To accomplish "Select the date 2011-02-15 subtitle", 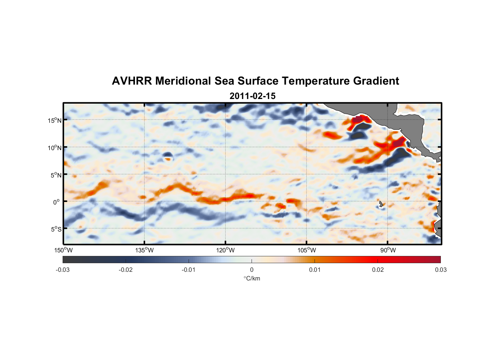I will (252, 96).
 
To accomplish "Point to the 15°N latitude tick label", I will (55, 120).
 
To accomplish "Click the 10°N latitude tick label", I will (55, 148).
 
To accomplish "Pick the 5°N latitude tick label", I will (56, 175).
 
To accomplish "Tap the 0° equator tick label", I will (57, 202).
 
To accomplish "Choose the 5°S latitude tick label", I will (56, 229).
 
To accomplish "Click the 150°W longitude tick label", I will (63, 250).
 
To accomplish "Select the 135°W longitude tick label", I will (145, 250).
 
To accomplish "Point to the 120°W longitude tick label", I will (226, 250).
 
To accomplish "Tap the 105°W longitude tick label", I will (307, 250).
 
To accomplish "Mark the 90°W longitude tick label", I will (388, 250).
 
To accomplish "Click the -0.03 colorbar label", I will (63, 270).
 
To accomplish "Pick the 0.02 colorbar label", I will (378, 270).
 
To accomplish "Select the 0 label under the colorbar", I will (252, 270).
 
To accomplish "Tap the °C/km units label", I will (252, 278).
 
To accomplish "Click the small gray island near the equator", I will (381, 204).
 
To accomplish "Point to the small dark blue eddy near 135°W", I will (167, 155).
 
